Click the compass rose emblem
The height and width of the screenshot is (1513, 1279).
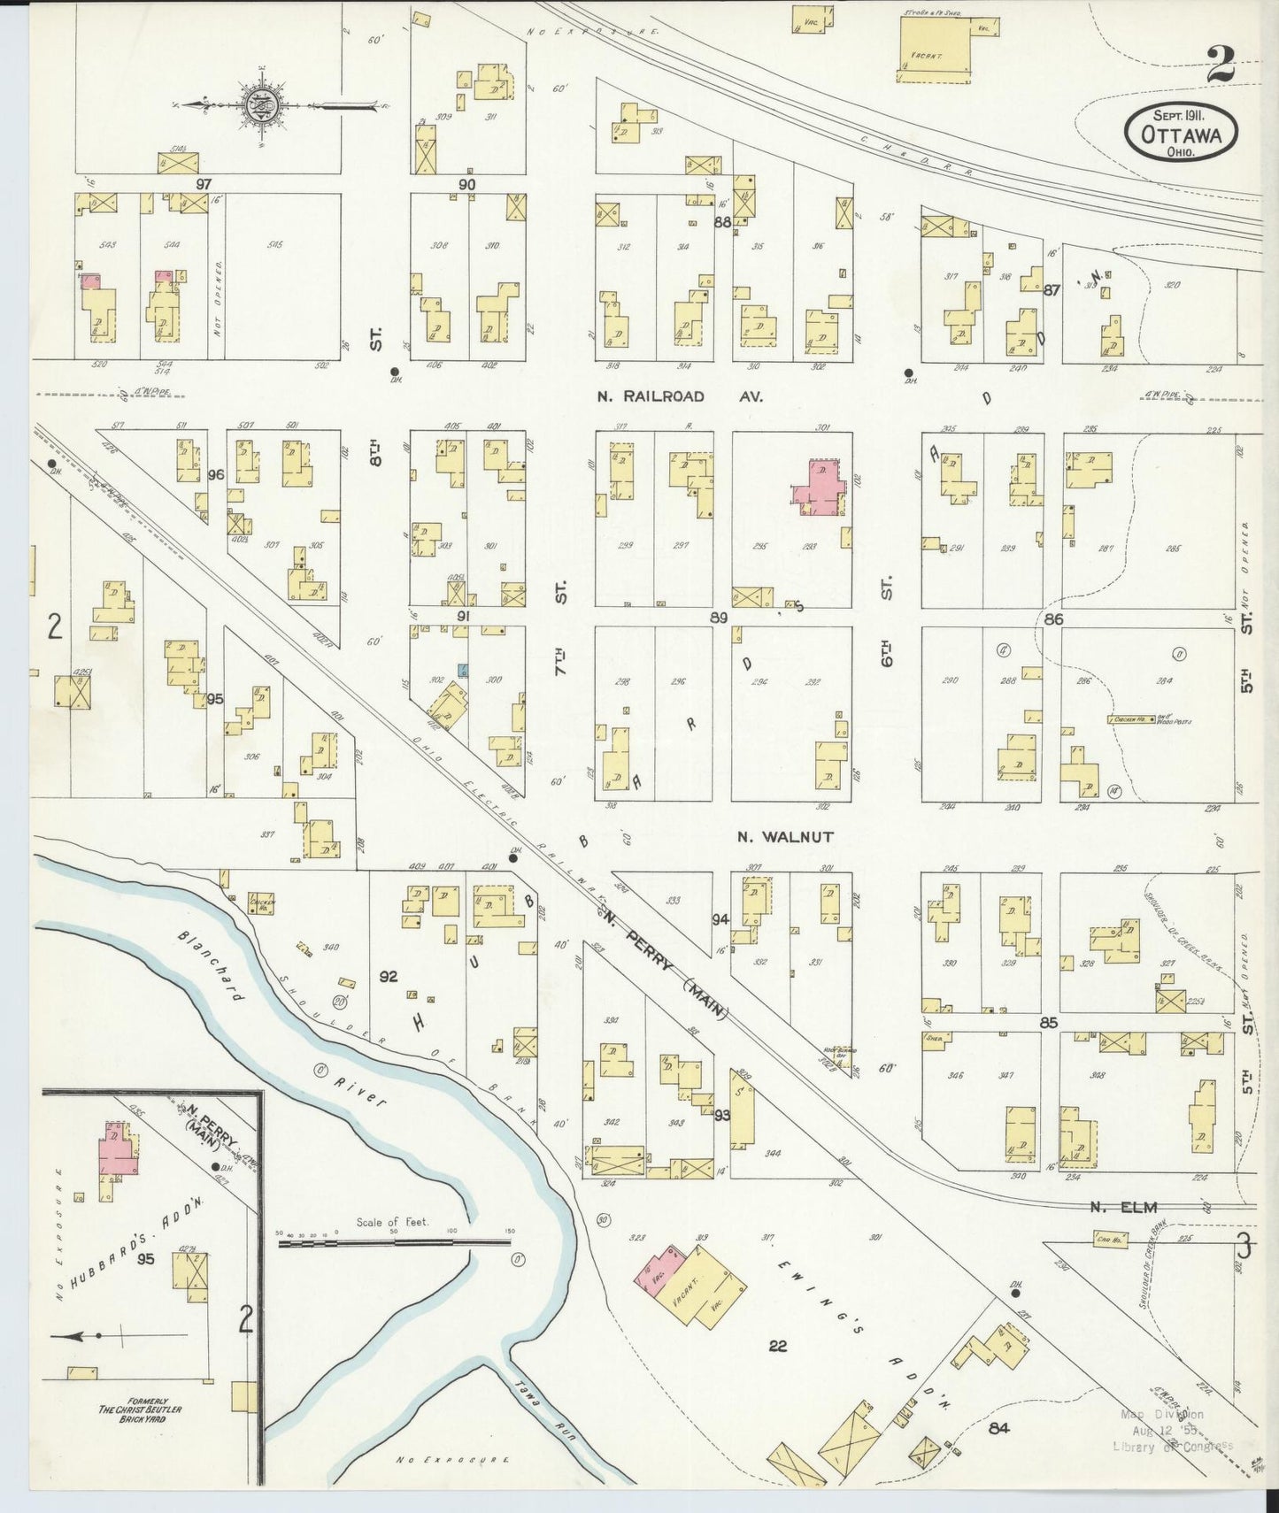(263, 104)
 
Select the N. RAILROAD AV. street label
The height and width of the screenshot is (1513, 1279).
(651, 396)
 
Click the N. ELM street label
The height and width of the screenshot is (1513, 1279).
(1123, 1206)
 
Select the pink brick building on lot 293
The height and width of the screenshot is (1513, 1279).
(819, 487)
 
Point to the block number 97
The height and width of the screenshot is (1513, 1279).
(204, 183)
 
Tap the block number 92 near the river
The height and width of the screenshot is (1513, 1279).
(388, 977)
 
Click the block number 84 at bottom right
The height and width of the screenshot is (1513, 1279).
(1001, 1427)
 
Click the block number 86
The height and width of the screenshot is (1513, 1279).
(1052, 619)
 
